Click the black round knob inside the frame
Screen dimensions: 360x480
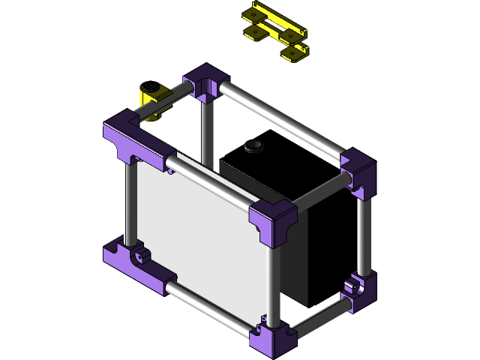tap(253, 145)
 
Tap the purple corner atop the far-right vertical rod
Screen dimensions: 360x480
tap(358, 172)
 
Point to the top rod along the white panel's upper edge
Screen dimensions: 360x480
tap(210, 180)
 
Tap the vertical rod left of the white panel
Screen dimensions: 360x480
tap(130, 202)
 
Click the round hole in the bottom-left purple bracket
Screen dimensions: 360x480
tap(139, 257)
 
